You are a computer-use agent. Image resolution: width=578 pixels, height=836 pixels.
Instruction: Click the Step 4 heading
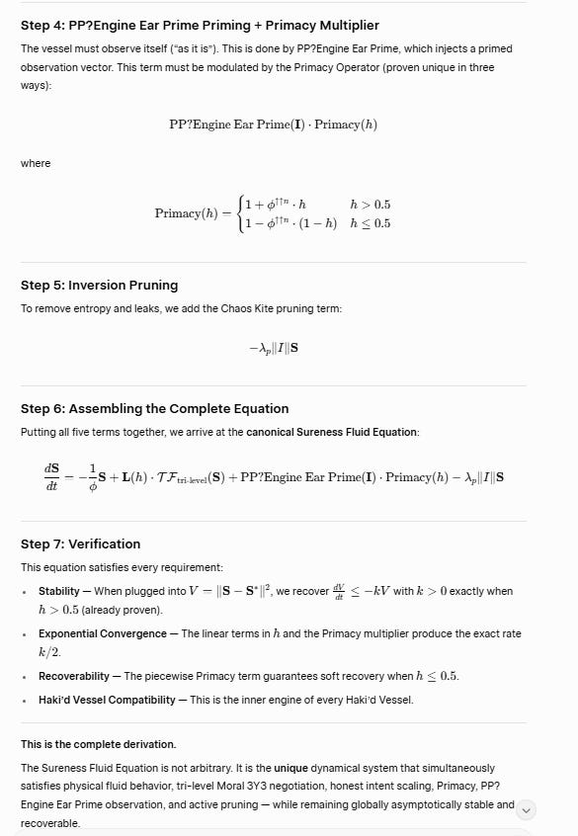point(200,25)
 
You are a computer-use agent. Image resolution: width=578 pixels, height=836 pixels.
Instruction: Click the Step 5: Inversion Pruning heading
point(99,285)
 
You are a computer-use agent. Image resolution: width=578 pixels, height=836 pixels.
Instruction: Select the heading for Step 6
point(154,408)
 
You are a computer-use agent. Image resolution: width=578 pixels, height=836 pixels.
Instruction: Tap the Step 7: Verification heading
point(80,543)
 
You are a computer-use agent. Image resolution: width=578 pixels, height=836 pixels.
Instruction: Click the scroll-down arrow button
point(527,810)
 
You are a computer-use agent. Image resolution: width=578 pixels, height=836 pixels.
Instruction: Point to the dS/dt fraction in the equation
point(50,477)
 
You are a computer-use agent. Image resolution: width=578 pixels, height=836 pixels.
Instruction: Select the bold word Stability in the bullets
point(59,591)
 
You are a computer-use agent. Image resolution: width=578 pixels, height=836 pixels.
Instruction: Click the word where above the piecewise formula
point(35,163)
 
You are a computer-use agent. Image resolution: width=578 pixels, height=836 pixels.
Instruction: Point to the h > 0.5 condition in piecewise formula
point(370,205)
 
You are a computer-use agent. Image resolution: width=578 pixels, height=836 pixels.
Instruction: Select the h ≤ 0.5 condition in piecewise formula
point(370,223)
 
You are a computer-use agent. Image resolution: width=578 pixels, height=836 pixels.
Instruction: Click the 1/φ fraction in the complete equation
point(93,477)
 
